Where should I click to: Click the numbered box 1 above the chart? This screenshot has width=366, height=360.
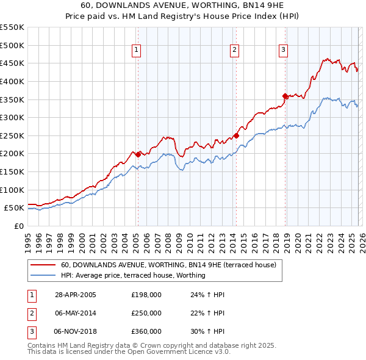[136, 51]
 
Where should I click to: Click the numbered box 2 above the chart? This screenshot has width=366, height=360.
[234, 51]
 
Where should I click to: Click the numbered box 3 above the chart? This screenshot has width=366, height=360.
[284, 51]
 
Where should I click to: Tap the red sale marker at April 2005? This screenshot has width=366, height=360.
[138, 154]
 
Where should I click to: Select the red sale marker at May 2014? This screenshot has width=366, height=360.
[236, 135]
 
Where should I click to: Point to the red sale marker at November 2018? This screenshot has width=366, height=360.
[285, 96]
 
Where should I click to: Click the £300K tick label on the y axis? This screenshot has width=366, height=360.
[12, 117]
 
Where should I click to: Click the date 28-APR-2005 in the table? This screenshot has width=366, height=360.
[75, 295]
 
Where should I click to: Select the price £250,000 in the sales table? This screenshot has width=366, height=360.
[146, 313]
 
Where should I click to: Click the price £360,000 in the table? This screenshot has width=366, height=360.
[146, 331]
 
